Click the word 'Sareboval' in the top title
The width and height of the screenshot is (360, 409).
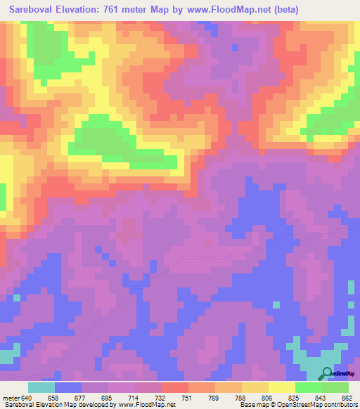32,9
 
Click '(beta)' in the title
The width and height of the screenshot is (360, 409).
285,9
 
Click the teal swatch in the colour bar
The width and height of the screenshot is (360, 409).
41,387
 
